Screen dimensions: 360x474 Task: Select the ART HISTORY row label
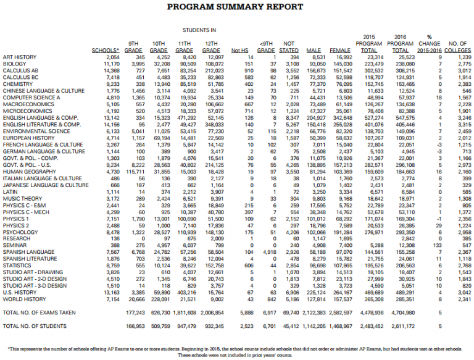pos(20,57)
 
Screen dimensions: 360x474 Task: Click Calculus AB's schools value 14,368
pos(110,70)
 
